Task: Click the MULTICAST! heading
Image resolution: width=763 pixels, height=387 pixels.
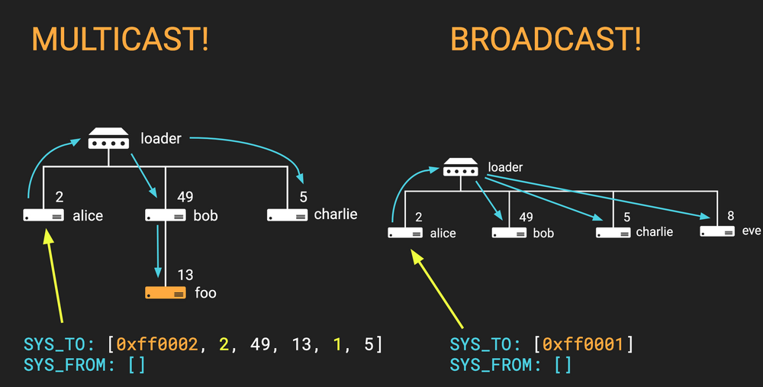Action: tap(119, 40)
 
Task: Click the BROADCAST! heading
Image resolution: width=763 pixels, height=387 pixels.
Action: tap(546, 40)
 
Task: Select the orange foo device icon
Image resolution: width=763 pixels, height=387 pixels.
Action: tap(166, 292)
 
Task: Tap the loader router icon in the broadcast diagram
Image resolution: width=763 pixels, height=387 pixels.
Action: tap(461, 166)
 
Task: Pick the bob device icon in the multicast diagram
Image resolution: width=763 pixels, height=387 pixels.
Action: tap(166, 216)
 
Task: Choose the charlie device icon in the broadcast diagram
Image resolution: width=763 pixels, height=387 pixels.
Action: tap(613, 232)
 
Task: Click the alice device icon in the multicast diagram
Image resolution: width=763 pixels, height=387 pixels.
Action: tap(43, 216)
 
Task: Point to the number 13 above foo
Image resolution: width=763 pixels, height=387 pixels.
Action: tap(185, 275)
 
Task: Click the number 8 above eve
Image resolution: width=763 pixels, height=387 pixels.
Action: tap(730, 216)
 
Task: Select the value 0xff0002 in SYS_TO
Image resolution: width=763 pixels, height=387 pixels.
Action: tap(157, 344)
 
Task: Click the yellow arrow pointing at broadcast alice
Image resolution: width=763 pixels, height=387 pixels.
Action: tap(438, 286)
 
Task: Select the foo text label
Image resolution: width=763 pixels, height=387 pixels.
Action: tap(206, 292)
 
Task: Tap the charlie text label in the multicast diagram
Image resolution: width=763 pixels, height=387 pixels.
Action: tap(335, 214)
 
